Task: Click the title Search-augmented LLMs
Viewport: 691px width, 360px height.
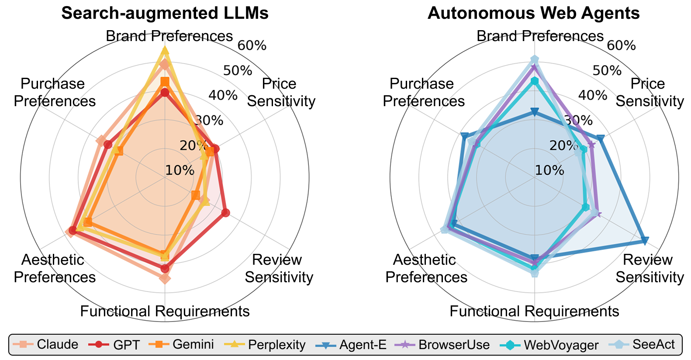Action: click(x=165, y=13)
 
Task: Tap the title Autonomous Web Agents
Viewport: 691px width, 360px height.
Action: click(x=534, y=13)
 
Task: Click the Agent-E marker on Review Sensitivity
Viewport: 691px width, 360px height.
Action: click(x=645, y=241)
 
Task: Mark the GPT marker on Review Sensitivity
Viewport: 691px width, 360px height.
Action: click(x=225, y=213)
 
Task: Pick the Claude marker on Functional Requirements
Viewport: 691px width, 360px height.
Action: click(x=165, y=278)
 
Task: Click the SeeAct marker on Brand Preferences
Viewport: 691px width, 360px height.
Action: click(x=534, y=59)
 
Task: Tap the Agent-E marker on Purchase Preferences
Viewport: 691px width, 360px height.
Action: click(x=465, y=136)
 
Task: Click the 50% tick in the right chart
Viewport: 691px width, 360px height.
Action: click(x=607, y=71)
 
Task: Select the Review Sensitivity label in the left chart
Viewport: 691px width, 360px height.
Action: click(x=279, y=268)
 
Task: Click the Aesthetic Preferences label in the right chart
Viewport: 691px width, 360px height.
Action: click(x=426, y=268)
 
